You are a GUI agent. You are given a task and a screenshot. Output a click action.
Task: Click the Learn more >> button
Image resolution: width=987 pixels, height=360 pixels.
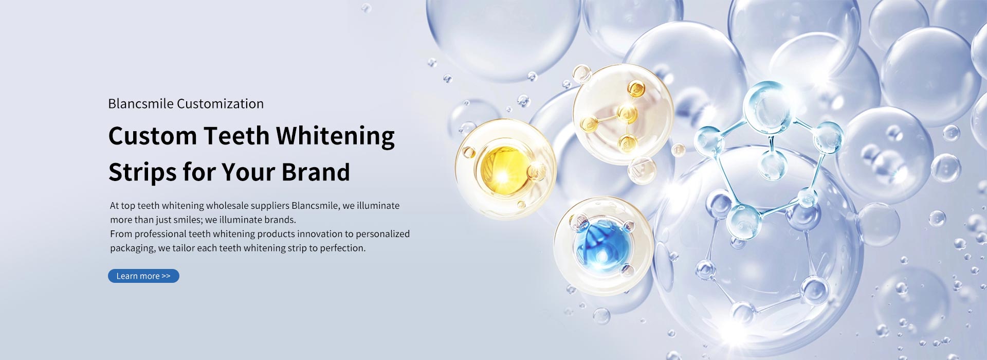(x=143, y=276)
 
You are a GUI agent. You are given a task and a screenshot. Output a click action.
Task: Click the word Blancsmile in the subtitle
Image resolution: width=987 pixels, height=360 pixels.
(x=141, y=104)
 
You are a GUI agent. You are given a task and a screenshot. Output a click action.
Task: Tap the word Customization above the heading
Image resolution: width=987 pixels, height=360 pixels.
(x=220, y=104)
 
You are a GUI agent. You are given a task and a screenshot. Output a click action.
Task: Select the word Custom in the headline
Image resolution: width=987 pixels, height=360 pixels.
(x=153, y=136)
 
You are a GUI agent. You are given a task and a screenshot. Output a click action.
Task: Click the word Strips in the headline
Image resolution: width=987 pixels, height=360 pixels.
(x=142, y=173)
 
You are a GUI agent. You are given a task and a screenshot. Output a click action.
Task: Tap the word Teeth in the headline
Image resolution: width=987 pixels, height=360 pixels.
(x=236, y=136)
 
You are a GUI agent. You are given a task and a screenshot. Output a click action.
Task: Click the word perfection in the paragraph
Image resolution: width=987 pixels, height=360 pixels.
(x=342, y=248)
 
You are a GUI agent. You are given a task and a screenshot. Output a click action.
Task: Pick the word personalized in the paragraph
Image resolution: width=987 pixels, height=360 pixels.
(x=382, y=234)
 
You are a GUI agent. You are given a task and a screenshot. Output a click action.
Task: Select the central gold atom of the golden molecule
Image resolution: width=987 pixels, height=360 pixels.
(x=627, y=113)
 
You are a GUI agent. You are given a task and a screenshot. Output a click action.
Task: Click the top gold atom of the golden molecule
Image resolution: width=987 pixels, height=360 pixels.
(x=636, y=88)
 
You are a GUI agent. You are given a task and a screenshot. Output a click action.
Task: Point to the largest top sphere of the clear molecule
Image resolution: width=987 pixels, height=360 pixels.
(x=767, y=107)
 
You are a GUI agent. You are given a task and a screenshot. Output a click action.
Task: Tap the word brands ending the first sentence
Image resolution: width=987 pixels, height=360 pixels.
(x=280, y=220)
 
